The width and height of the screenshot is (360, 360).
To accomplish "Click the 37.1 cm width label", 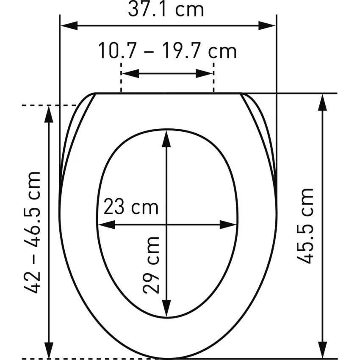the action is pyautogui.click(x=166, y=10).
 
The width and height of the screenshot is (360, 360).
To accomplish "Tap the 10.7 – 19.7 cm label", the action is pyautogui.click(x=167, y=51).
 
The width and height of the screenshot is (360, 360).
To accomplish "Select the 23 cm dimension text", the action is pyautogui.click(x=131, y=207).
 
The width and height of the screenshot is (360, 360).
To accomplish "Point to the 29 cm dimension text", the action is pyautogui.click(x=151, y=266).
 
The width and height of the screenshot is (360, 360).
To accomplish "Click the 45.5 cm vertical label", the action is pyautogui.click(x=305, y=226).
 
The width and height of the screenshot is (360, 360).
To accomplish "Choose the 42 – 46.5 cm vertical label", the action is pyautogui.click(x=32, y=232).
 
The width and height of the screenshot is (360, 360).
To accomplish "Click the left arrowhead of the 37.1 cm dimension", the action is pyautogui.click(x=69, y=26).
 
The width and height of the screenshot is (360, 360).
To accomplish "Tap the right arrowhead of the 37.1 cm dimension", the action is pyautogui.click(x=267, y=26).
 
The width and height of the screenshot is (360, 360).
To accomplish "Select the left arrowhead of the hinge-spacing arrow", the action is pyautogui.click(x=130, y=73).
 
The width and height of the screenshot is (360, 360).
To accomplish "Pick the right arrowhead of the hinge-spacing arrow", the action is pyautogui.click(x=204, y=73).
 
